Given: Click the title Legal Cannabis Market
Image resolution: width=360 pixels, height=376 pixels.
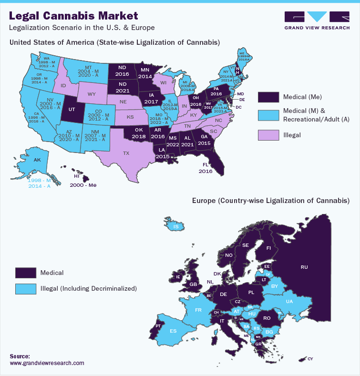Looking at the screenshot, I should (x=74, y=16).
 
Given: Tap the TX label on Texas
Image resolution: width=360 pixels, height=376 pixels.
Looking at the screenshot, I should (x=126, y=153).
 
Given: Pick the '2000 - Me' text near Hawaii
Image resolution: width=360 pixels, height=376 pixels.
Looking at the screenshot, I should (x=83, y=185).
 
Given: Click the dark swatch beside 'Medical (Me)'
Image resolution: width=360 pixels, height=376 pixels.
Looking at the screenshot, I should (x=268, y=97).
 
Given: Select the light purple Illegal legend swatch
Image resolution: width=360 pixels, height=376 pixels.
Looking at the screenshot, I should (x=268, y=135).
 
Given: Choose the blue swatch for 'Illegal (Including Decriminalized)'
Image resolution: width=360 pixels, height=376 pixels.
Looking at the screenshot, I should (x=26, y=288).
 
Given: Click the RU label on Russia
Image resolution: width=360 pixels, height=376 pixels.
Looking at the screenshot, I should (x=304, y=267).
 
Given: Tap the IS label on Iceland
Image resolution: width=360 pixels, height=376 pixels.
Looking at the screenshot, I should (x=176, y=227).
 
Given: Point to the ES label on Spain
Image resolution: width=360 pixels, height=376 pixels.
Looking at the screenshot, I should (x=174, y=331).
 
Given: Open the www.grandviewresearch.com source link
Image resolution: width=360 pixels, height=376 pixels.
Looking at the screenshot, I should (x=47, y=363).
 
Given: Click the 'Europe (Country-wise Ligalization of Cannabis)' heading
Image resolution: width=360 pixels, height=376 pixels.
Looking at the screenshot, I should (x=271, y=201).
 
